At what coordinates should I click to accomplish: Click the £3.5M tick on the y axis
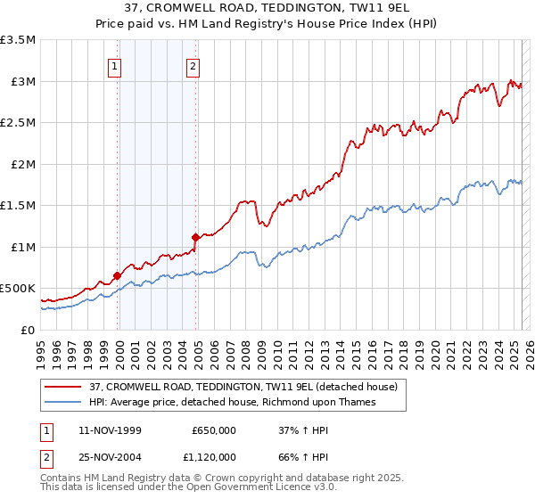click(x=18, y=40)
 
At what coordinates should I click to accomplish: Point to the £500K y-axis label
click(x=18, y=289)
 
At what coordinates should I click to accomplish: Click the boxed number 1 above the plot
click(x=116, y=64)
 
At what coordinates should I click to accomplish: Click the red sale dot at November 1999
click(x=117, y=276)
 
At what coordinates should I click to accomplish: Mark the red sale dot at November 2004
click(x=196, y=237)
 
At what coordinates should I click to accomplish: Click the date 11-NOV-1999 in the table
click(x=110, y=429)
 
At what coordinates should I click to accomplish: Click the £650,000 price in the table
click(x=214, y=429)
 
